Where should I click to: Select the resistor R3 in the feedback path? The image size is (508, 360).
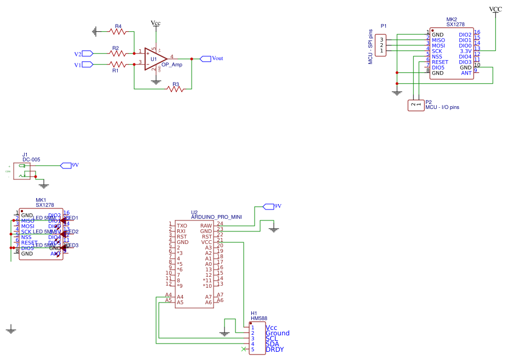pyautogui.click(x=176, y=89)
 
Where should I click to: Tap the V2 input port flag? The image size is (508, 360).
pyautogui.click(x=87, y=54)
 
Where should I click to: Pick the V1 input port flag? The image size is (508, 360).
pyautogui.click(x=87, y=65)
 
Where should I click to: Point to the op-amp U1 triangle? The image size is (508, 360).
pyautogui.click(x=155, y=59)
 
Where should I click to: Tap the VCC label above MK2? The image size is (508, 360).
pyautogui.click(x=495, y=9)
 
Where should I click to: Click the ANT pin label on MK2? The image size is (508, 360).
pyautogui.click(x=466, y=73)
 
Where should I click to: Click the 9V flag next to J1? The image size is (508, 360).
pyautogui.click(x=66, y=165)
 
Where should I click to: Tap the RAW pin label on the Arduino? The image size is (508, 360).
pyautogui.click(x=206, y=225)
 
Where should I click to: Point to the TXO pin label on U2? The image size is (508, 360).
pyautogui.click(x=182, y=225)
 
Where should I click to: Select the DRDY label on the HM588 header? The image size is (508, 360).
pyautogui.click(x=275, y=349)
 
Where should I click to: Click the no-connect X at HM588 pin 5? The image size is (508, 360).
pyautogui.click(x=244, y=349)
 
